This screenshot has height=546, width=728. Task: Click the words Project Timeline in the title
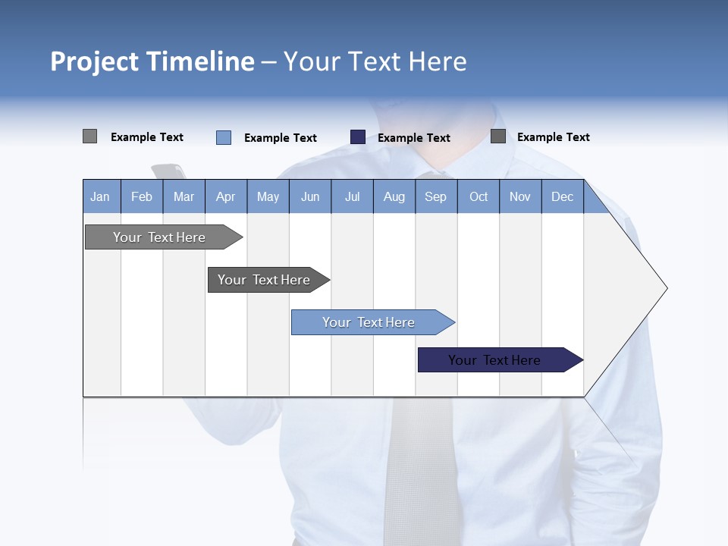(x=152, y=61)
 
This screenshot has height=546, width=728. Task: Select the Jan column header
(x=100, y=196)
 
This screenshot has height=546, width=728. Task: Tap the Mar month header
(x=184, y=196)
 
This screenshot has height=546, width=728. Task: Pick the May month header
(x=268, y=196)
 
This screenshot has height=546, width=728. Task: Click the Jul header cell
(x=352, y=196)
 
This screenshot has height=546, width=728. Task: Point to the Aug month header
(x=394, y=196)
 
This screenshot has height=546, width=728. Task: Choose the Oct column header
(x=479, y=196)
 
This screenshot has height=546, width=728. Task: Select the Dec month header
(x=562, y=196)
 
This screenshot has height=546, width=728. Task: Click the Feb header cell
(x=142, y=196)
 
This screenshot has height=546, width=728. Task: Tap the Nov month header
(x=520, y=196)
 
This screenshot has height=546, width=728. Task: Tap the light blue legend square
(x=224, y=137)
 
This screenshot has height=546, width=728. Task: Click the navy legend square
(x=358, y=137)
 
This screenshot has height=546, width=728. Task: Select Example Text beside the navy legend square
(x=414, y=138)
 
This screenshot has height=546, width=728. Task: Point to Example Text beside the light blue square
(x=281, y=138)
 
